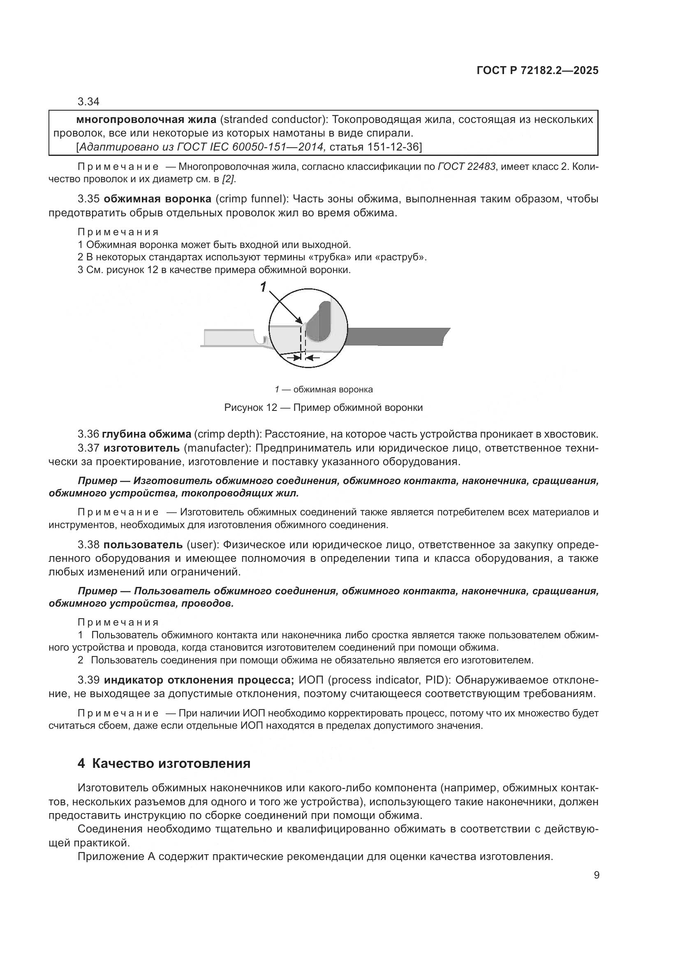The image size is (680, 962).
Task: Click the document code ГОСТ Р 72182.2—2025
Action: click(537, 70)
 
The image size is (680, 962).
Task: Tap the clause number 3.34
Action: click(88, 102)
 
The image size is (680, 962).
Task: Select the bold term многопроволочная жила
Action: click(146, 119)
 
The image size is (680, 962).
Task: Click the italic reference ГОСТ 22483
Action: click(467, 166)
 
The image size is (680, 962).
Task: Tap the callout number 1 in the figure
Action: click(263, 287)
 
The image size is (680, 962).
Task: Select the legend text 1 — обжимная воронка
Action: click(323, 389)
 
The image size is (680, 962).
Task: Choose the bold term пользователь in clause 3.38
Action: click(143, 545)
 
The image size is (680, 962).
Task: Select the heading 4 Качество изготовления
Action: click(164, 763)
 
